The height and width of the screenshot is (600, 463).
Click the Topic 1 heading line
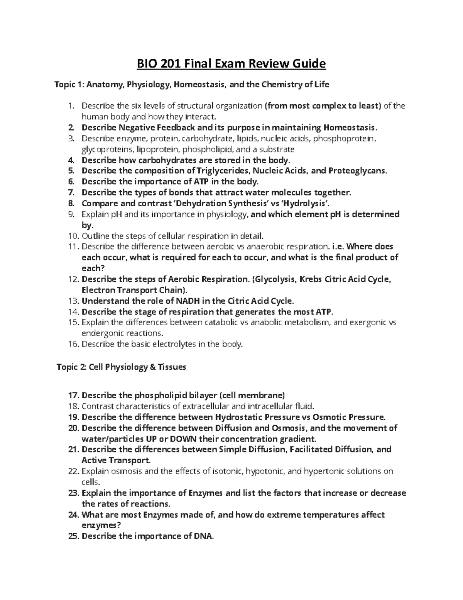[192, 84]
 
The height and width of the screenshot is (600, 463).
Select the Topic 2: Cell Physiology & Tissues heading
[121, 367]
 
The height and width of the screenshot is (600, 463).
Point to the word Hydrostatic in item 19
[241, 417]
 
